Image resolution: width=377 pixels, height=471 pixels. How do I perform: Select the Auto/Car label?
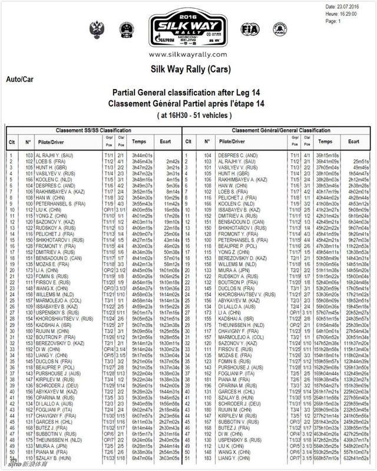click(19, 78)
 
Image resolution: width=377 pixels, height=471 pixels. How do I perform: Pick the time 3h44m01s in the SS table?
click(143, 155)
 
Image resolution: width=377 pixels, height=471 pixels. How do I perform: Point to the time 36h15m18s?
click(326, 155)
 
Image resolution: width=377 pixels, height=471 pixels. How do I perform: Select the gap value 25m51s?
click(357, 161)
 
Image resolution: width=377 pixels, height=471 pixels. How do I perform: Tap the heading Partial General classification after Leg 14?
click(188, 93)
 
